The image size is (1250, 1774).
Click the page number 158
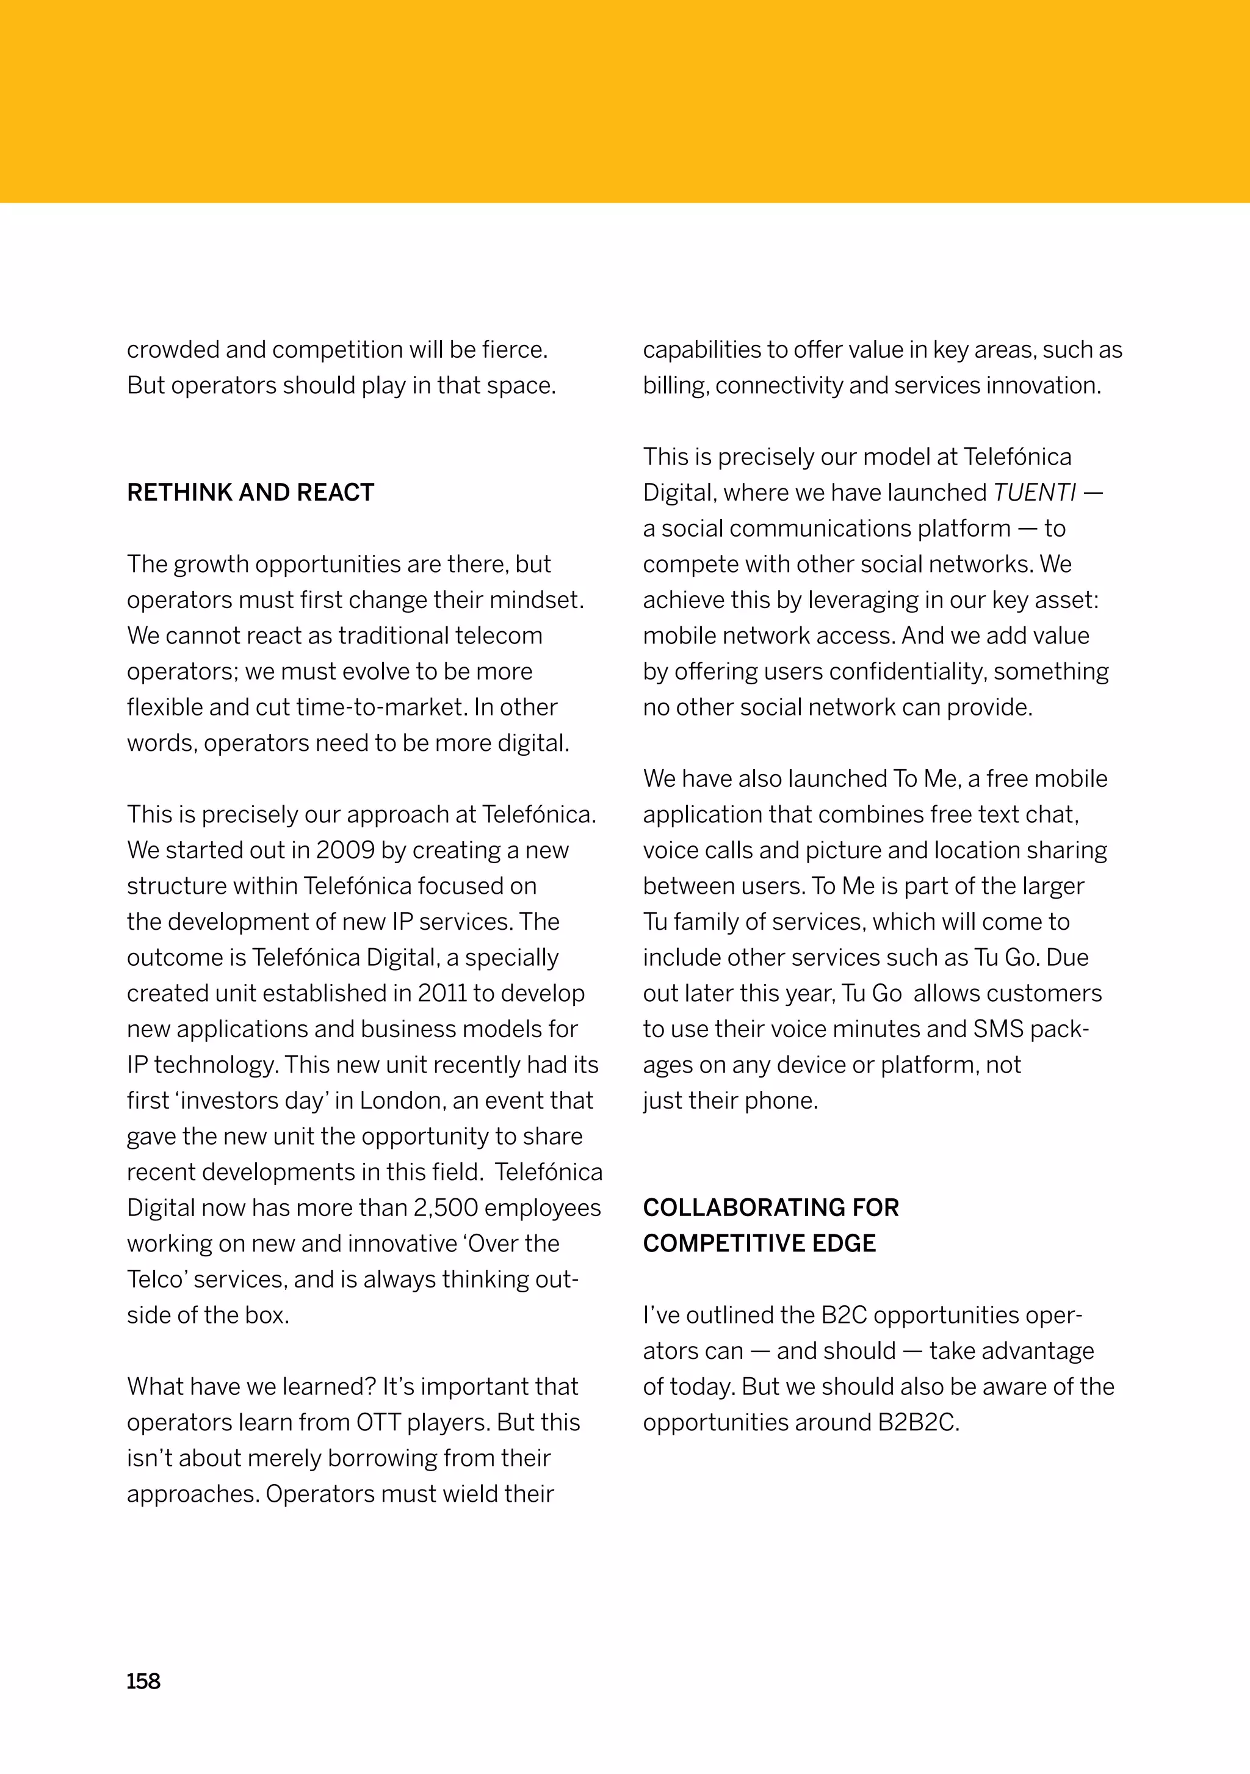tap(143, 1681)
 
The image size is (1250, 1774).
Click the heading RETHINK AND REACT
tap(250, 492)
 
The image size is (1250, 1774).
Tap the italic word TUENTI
tap(1034, 492)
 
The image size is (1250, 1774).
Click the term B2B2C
tap(918, 1422)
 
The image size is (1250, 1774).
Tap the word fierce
tap(514, 350)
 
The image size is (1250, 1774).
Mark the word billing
tap(675, 386)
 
